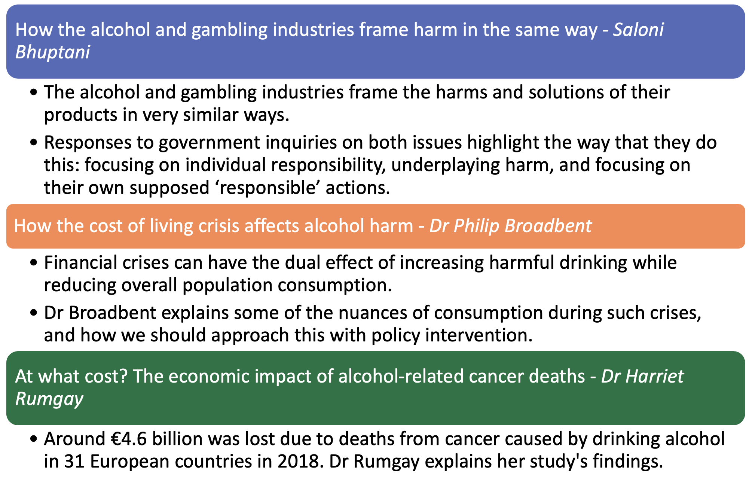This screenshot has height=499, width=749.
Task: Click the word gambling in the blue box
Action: pos(229,30)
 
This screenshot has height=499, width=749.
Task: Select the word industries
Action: pos(313,30)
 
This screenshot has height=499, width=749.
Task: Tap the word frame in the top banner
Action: pos(383,30)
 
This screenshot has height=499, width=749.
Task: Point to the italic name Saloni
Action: pos(638,30)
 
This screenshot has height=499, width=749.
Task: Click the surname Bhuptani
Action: pos(52,52)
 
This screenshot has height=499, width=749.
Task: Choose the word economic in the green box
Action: pos(209,377)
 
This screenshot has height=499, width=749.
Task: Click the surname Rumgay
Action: pos(49,399)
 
